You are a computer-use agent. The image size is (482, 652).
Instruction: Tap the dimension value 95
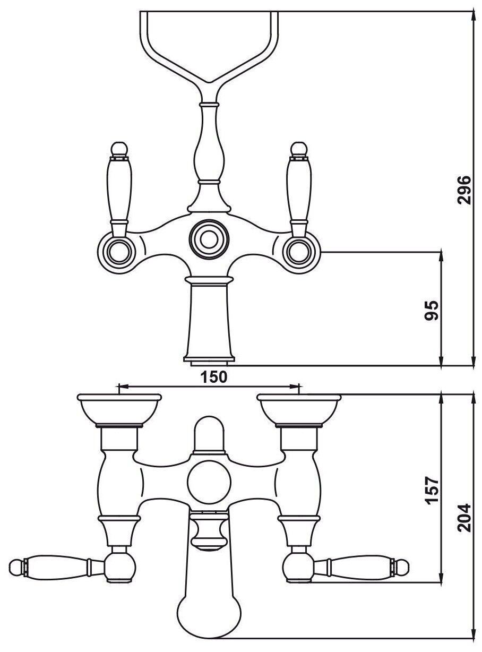coord(433,310)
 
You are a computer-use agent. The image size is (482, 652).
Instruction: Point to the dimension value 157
coord(433,490)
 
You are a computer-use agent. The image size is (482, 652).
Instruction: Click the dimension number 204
coord(464,518)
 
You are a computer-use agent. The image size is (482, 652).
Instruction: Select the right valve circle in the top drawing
coord(297,249)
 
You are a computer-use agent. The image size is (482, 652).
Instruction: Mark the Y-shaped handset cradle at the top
coord(208,48)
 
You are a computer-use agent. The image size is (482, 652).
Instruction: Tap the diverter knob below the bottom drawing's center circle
coord(209,531)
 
